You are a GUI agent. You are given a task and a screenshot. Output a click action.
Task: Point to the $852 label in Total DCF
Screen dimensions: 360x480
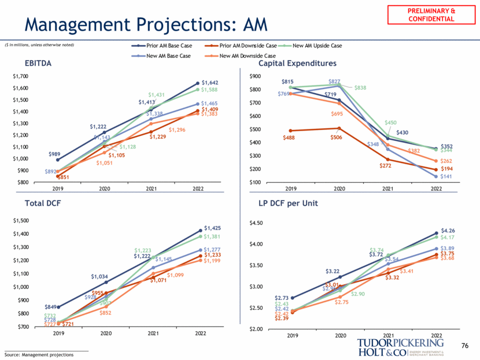pos(105,313)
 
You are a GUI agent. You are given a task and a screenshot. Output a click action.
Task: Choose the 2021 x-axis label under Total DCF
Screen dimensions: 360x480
pos(153,333)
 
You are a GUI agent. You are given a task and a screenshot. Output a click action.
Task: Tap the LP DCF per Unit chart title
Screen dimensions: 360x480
pos(294,204)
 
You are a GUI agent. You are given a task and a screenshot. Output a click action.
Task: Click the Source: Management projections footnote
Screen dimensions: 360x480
pos(39,354)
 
